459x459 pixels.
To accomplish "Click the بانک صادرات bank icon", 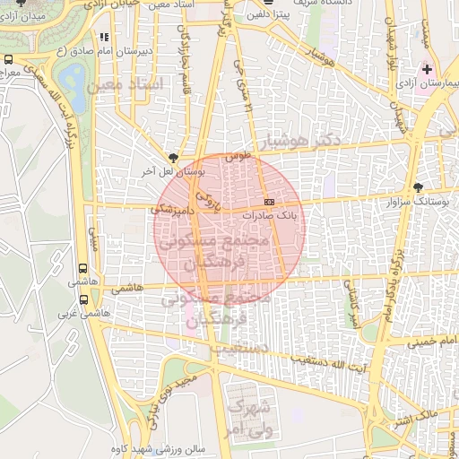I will (x=270, y=202).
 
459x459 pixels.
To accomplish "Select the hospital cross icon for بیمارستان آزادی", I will (x=428, y=69).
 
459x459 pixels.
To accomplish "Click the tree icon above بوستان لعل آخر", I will (x=172, y=156).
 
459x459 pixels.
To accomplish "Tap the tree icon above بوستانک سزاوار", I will (x=418, y=186).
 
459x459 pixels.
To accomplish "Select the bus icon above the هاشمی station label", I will (x=83, y=267).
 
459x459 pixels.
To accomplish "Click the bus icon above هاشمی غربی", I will (x=83, y=301).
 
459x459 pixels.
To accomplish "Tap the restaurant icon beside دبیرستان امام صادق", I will (x=104, y=38).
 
